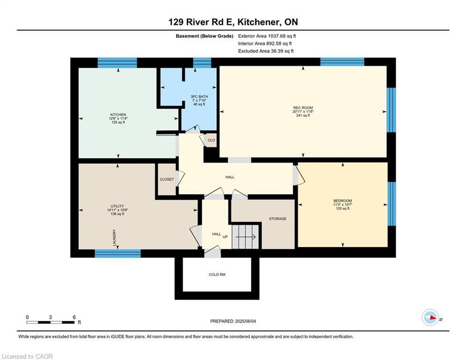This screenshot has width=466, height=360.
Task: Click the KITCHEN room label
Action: click(118, 114)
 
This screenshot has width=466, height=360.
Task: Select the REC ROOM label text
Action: click(303, 108)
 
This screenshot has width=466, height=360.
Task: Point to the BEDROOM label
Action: click(342, 201)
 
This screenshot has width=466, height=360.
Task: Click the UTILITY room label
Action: click(117, 206)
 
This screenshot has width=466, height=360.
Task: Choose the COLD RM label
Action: click(217, 275)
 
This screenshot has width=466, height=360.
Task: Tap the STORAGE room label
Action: click(277, 219)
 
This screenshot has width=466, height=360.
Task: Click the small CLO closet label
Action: click(211, 140)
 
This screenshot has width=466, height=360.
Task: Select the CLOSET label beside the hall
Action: click(166, 180)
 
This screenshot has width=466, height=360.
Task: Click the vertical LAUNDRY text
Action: click(114, 238)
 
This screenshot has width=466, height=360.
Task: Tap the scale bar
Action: click(50, 322)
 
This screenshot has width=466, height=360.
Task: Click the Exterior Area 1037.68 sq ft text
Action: click(267, 36)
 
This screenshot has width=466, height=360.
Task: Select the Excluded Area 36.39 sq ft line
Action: click(266, 51)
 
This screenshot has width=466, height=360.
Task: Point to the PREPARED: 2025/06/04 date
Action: click(233, 321)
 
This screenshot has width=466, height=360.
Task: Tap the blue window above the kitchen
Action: click(117, 63)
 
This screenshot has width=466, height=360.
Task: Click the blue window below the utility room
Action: click(118, 254)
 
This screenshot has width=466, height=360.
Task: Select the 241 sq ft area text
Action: click(303, 115)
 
